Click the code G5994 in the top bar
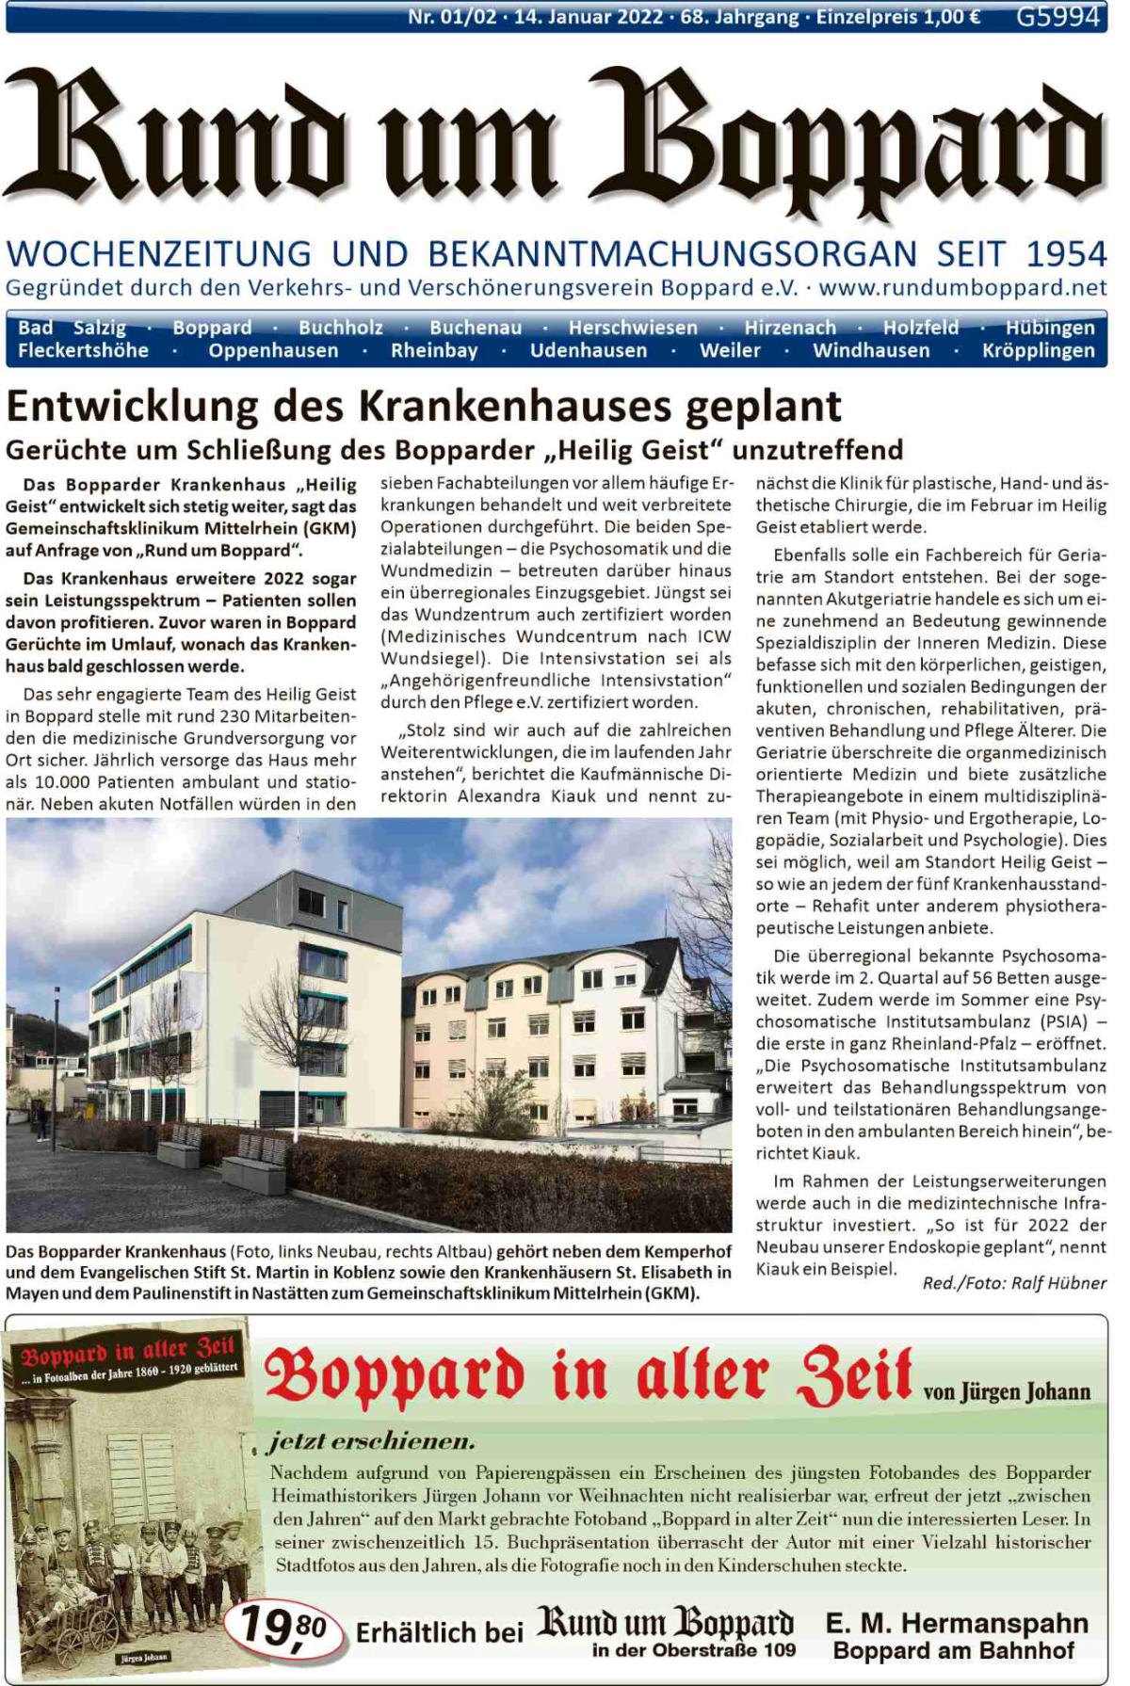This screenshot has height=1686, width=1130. tap(1057, 16)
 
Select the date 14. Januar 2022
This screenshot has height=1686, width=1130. tap(589, 17)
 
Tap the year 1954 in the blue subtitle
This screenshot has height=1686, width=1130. tap(1066, 254)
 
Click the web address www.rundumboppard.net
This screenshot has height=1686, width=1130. tap(962, 287)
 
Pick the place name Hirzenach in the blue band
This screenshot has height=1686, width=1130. tap(790, 328)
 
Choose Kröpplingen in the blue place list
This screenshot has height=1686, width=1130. tap(1038, 351)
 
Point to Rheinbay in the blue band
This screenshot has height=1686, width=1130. tap(434, 351)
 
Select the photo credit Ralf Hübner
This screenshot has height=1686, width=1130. tap(1058, 1283)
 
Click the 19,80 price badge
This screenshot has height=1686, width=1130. tap(283, 1626)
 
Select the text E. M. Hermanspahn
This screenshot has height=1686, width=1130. tap(956, 1624)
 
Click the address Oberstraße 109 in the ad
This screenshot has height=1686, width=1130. tap(726, 1650)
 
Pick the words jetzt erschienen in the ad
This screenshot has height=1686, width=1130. tap(371, 1441)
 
